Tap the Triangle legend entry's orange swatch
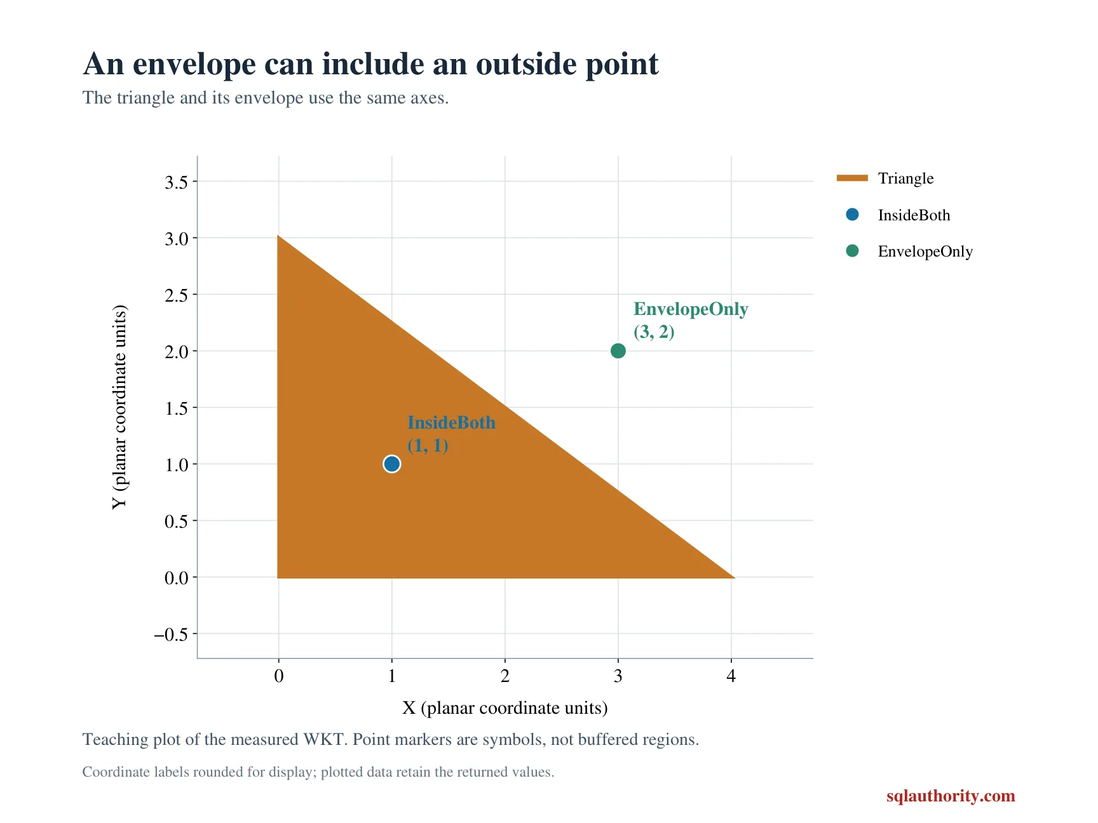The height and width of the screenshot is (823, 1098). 852,178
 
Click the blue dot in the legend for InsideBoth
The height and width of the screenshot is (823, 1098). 852,215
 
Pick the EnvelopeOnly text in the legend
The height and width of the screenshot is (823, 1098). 925,251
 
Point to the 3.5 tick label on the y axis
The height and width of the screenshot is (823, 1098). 177,182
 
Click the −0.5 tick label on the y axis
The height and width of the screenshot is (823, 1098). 172,634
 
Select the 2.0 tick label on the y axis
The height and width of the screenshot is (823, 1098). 177,352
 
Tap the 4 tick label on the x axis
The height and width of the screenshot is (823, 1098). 731,676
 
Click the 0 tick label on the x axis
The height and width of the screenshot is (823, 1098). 278,676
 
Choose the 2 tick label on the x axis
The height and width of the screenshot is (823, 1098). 505,676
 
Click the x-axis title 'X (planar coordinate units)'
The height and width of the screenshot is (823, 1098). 505,708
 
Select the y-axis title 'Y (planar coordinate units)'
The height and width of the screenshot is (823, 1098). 119,407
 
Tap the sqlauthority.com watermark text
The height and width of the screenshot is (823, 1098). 951,796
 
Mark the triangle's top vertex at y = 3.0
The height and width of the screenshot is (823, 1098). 278,236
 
